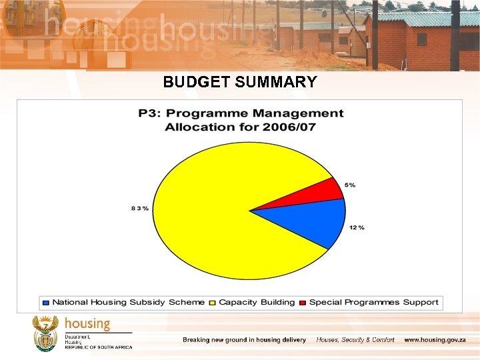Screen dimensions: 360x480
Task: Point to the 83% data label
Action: (140, 209)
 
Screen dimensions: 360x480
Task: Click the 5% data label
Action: (349, 185)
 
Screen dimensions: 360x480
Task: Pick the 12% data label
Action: (357, 228)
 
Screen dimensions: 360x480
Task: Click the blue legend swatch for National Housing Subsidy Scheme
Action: (46, 303)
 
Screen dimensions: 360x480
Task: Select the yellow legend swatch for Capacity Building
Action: (213, 303)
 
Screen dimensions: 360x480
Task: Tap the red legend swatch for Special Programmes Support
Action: (303, 303)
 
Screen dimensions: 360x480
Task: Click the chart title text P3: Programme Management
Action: (241, 114)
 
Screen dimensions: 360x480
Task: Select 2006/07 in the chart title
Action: (294, 127)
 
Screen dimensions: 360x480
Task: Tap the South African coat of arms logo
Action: (45, 333)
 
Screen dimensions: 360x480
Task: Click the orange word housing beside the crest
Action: (87, 324)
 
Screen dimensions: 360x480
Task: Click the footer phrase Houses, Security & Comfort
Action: (355, 340)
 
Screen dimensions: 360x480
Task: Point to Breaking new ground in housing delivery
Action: (244, 340)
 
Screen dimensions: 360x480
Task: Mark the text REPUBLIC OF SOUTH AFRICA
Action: (98, 347)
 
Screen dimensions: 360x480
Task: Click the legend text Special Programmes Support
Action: (373, 303)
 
